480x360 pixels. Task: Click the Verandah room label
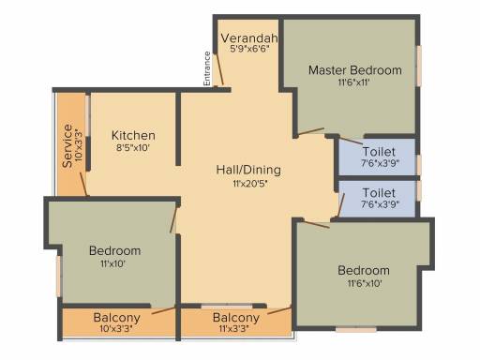pos(249,38)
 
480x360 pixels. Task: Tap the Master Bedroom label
pos(355,70)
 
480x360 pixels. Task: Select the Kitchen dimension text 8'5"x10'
pos(133,147)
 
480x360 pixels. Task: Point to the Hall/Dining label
pos(248,170)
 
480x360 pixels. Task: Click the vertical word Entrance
pos(207,68)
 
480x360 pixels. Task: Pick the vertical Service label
pos(67,145)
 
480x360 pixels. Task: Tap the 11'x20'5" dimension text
pos(250,184)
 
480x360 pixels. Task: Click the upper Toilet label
pos(379,152)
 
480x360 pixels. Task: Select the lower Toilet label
pos(379,193)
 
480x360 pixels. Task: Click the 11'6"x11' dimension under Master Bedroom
pos(353,82)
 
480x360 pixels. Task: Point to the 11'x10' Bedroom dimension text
pos(112,264)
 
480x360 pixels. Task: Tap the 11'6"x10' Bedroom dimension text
pos(365,284)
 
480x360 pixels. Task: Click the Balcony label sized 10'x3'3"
pos(116,318)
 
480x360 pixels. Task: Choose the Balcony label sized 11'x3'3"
pos(236,318)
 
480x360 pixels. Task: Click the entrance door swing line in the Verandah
pos(218,69)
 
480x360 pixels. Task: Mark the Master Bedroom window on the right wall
pos(418,66)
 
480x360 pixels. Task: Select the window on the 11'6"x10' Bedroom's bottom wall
pos(356,330)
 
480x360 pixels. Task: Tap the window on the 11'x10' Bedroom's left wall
pos(58,277)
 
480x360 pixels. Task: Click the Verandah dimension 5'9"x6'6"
pos(249,49)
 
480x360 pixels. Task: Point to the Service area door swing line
pos(83,184)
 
